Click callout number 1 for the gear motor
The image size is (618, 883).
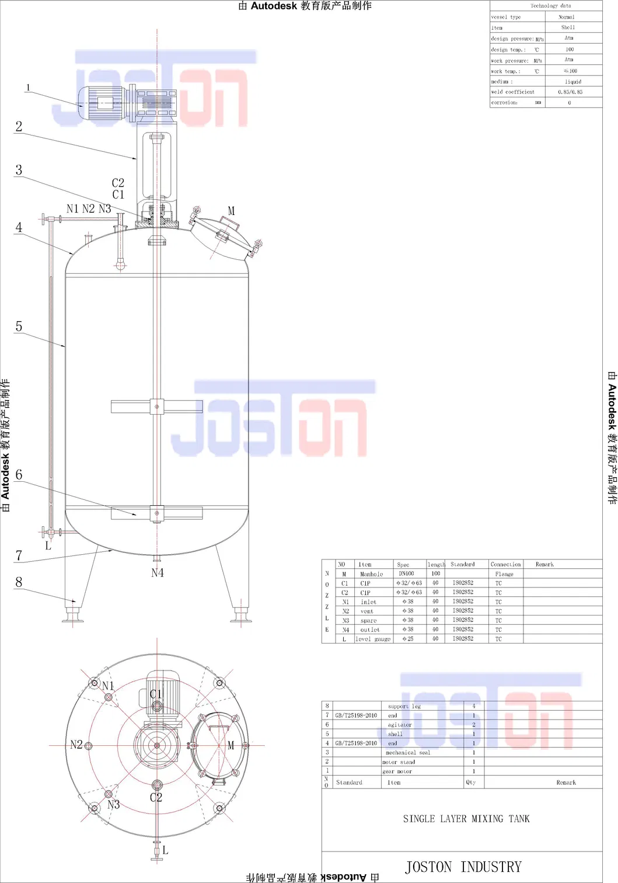(27, 88)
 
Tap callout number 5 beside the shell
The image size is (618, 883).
(19, 326)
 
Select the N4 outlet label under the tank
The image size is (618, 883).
(158, 573)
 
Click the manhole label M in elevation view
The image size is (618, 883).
(231, 211)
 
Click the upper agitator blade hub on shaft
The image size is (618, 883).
(157, 406)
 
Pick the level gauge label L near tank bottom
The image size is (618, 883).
(48, 546)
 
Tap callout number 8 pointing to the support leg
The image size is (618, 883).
(19, 582)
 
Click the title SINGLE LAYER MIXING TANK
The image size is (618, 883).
(466, 819)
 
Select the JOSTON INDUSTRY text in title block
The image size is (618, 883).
(463, 867)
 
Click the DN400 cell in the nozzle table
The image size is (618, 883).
(406, 573)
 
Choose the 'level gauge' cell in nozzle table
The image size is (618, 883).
(373, 639)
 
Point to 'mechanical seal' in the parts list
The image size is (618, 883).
(408, 752)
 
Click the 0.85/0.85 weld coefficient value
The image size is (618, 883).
(570, 92)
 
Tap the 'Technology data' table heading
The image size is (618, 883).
(550, 6)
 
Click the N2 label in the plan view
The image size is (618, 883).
(76, 745)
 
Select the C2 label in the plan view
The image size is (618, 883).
(156, 797)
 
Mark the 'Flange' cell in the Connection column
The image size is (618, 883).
(504, 574)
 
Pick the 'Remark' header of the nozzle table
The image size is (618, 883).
(544, 564)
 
